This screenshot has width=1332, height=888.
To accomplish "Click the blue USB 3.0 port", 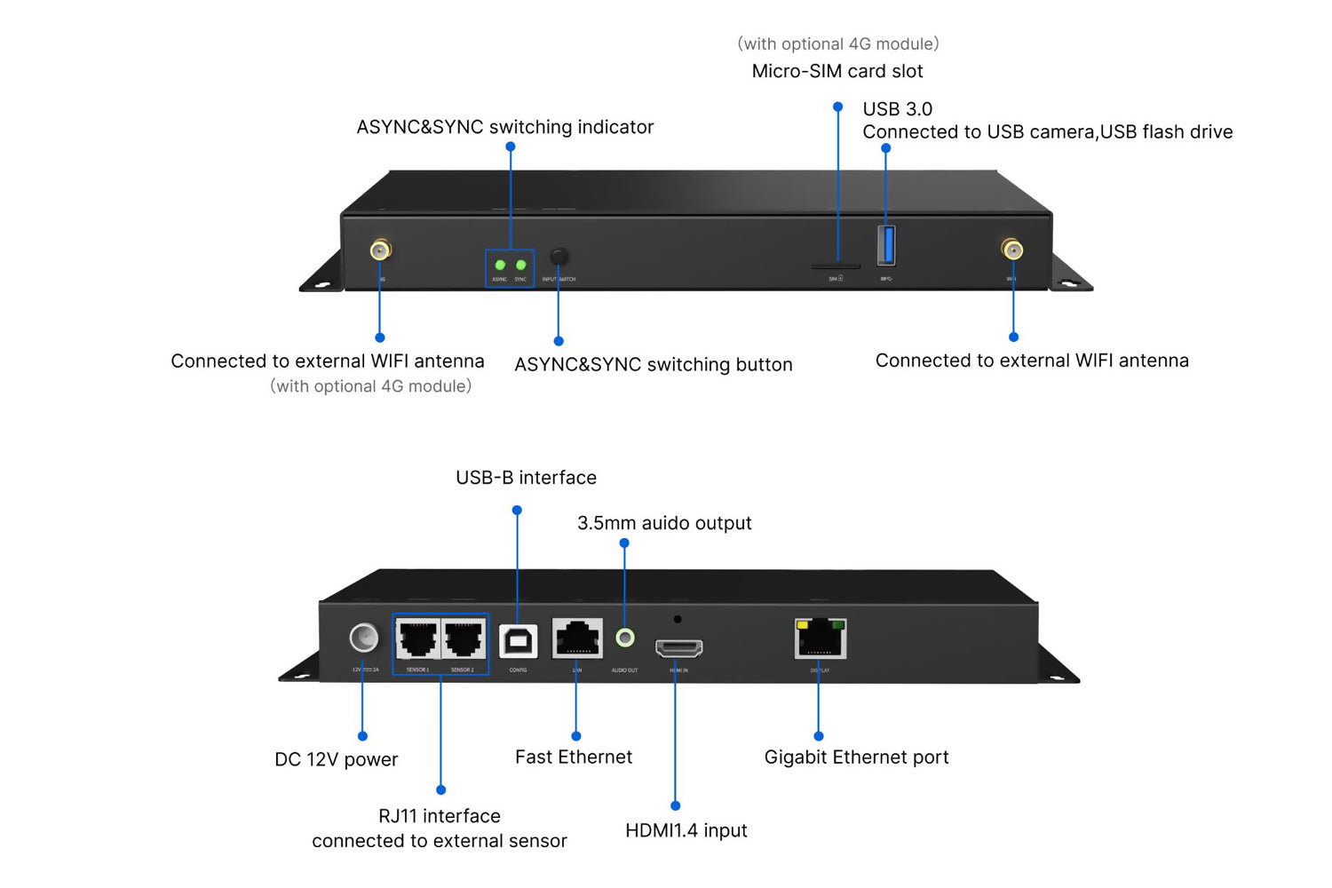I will (x=886, y=245).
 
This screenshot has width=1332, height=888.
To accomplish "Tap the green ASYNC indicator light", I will (x=500, y=265).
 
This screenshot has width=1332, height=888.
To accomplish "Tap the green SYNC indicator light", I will (x=520, y=265).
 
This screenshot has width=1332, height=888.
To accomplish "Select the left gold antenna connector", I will (x=380, y=250).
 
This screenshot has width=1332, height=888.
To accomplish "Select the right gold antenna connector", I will (x=1011, y=250).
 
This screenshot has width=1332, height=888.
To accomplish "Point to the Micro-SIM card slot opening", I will (x=835, y=266).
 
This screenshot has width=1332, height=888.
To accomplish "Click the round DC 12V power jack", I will (x=363, y=638).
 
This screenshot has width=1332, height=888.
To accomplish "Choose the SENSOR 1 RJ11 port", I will (x=417, y=638).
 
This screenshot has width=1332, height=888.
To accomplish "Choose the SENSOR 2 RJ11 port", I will (x=464, y=638).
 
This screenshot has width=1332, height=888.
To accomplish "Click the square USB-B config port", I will (x=519, y=641).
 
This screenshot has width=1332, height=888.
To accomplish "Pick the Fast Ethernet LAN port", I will (x=577, y=638).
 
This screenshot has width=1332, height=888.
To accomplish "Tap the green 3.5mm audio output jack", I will (x=625, y=638).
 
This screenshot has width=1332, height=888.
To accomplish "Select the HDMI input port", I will (x=678, y=648).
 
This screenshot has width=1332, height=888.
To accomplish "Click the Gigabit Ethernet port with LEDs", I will (x=820, y=638).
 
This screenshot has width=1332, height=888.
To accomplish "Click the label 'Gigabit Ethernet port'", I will (x=856, y=757).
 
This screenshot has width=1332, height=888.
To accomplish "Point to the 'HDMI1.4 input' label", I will (x=686, y=830).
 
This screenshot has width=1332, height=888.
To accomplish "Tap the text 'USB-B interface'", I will (x=526, y=478).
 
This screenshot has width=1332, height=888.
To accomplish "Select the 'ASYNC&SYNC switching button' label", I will (x=653, y=365).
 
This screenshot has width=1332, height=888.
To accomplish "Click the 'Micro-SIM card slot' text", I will (x=836, y=71).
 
